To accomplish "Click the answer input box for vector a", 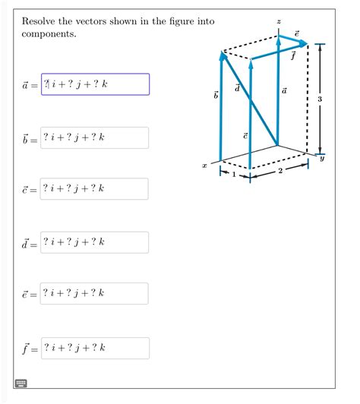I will [x=95, y=84].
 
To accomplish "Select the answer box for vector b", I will [x=95, y=137].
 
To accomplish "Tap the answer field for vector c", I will [x=95, y=189].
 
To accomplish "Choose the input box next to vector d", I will [x=95, y=242].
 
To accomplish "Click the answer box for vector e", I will [x=95, y=294].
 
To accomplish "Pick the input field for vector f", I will [x=95, y=349].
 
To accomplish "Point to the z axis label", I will [x=278, y=22].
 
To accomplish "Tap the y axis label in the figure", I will [x=321, y=158].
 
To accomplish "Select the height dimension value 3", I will [x=320, y=99].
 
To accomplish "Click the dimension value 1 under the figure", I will [x=234, y=175].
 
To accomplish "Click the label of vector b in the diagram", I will [x=216, y=95].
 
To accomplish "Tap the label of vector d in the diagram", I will [x=238, y=89].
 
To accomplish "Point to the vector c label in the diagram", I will [x=245, y=134].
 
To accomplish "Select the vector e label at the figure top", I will [x=296, y=34].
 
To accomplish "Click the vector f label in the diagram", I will [x=292, y=55].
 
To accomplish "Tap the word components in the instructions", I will [x=49, y=35].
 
